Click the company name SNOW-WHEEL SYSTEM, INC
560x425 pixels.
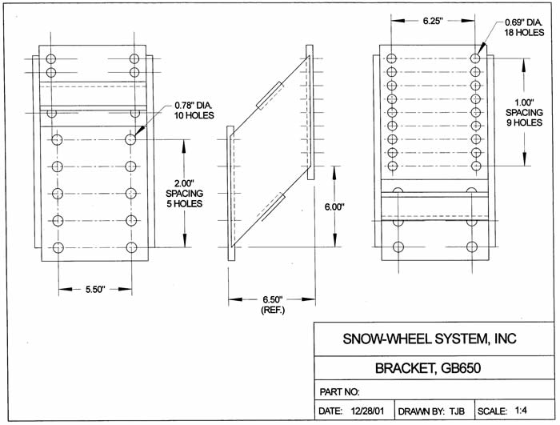tap(430, 339)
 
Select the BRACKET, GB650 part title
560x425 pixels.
tap(430, 369)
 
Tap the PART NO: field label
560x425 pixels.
tap(340, 393)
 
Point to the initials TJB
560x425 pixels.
tap(457, 411)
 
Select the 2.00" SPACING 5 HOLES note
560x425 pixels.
tap(186, 193)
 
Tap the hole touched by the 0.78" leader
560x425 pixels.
tap(131, 139)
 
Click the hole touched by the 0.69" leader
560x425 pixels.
tap(475, 58)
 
